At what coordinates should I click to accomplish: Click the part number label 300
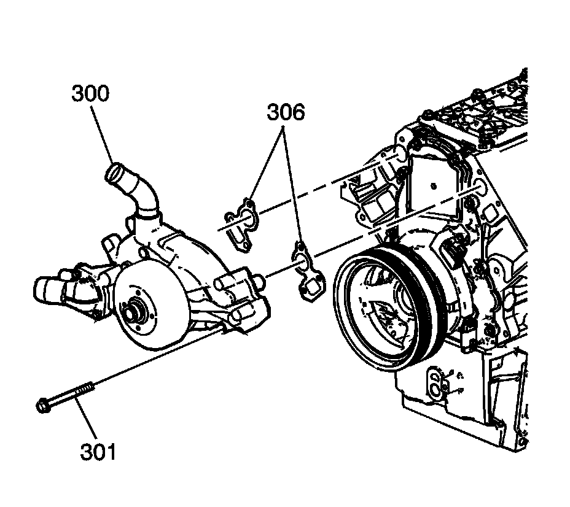(x=90, y=94)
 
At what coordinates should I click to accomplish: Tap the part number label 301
(x=98, y=452)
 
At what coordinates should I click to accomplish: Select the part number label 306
(x=286, y=112)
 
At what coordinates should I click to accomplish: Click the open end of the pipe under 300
(x=114, y=171)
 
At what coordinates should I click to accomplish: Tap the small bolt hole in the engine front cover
(x=434, y=185)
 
